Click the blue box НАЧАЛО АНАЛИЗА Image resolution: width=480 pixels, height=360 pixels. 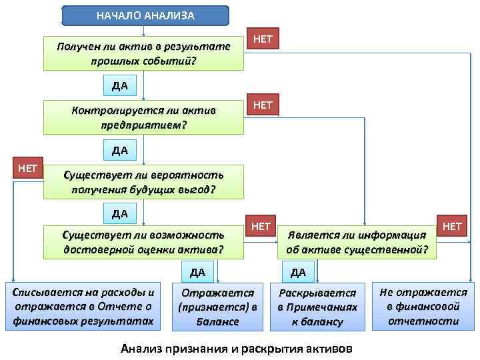145,15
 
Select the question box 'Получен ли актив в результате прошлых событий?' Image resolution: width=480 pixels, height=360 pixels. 143,54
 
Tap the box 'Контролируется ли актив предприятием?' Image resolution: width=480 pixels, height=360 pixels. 143,117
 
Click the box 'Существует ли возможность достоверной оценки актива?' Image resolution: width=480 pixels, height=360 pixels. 143,242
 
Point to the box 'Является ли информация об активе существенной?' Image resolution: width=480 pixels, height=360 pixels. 357,243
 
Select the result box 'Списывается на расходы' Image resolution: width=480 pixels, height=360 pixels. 83,306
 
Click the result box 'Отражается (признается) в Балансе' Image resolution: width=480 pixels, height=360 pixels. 217,307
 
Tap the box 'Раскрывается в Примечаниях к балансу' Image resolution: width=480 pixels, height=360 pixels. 317,307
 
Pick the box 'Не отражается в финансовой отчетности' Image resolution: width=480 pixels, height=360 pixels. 423,306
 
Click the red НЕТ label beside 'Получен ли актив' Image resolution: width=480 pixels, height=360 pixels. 263,39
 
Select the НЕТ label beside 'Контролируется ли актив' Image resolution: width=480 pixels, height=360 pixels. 263,105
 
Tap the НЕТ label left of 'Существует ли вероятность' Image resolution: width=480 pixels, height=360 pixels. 27,168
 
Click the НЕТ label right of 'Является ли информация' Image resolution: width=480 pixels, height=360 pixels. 451,227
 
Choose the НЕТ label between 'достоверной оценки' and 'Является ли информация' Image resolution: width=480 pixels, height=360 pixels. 261,227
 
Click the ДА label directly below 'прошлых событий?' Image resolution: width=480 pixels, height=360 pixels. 120,85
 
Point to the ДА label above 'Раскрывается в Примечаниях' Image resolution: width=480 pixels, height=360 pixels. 298,272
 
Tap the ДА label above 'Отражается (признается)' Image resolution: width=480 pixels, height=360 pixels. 197,272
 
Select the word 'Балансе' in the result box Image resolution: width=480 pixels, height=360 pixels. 217,321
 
